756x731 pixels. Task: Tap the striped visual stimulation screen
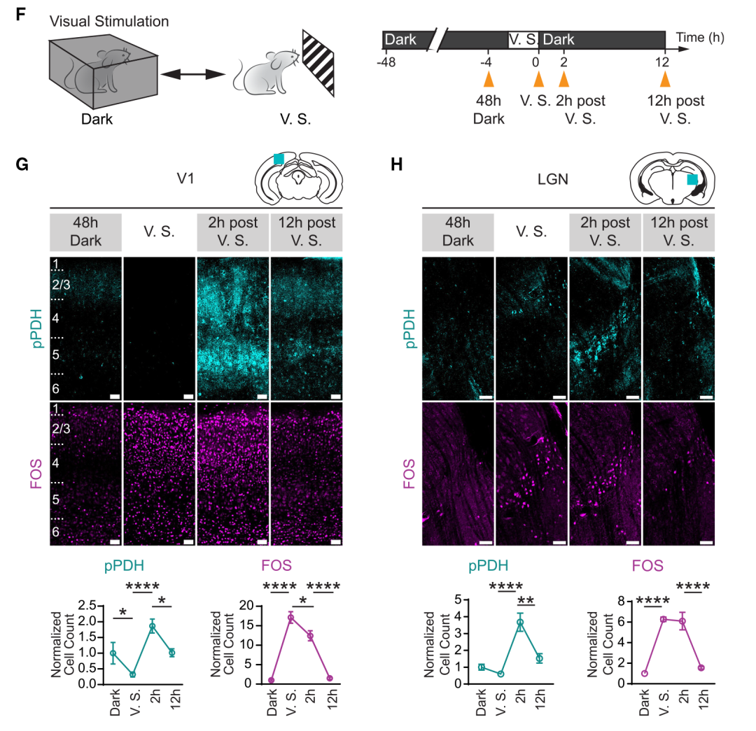click(318, 62)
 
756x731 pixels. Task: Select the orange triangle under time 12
click(664, 78)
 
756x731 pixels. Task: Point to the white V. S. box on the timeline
click(523, 40)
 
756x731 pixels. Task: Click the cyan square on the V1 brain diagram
click(279, 159)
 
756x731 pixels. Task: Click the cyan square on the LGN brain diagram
click(692, 180)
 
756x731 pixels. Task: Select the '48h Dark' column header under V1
click(85, 232)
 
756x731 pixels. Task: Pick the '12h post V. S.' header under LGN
click(678, 232)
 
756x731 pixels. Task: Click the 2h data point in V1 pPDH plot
click(152, 627)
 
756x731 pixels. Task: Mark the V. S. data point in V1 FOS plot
click(290, 618)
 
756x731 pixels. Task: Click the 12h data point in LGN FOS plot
click(700, 668)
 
